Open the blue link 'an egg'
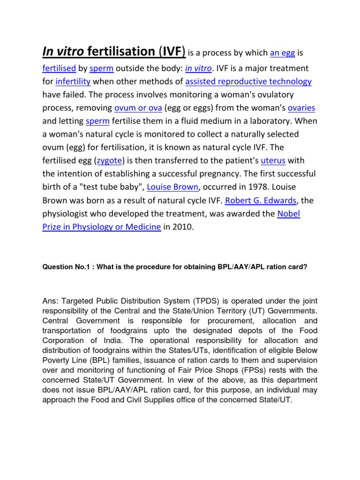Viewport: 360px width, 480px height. [283, 52]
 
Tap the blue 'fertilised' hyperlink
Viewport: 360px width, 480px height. [59, 68]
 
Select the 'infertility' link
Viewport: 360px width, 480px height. [73, 82]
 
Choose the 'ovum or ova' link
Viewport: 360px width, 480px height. [138, 108]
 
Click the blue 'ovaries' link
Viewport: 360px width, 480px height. [301, 108]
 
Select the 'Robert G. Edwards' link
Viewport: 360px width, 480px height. [261, 201]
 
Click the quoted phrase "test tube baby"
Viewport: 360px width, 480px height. [110, 187]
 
